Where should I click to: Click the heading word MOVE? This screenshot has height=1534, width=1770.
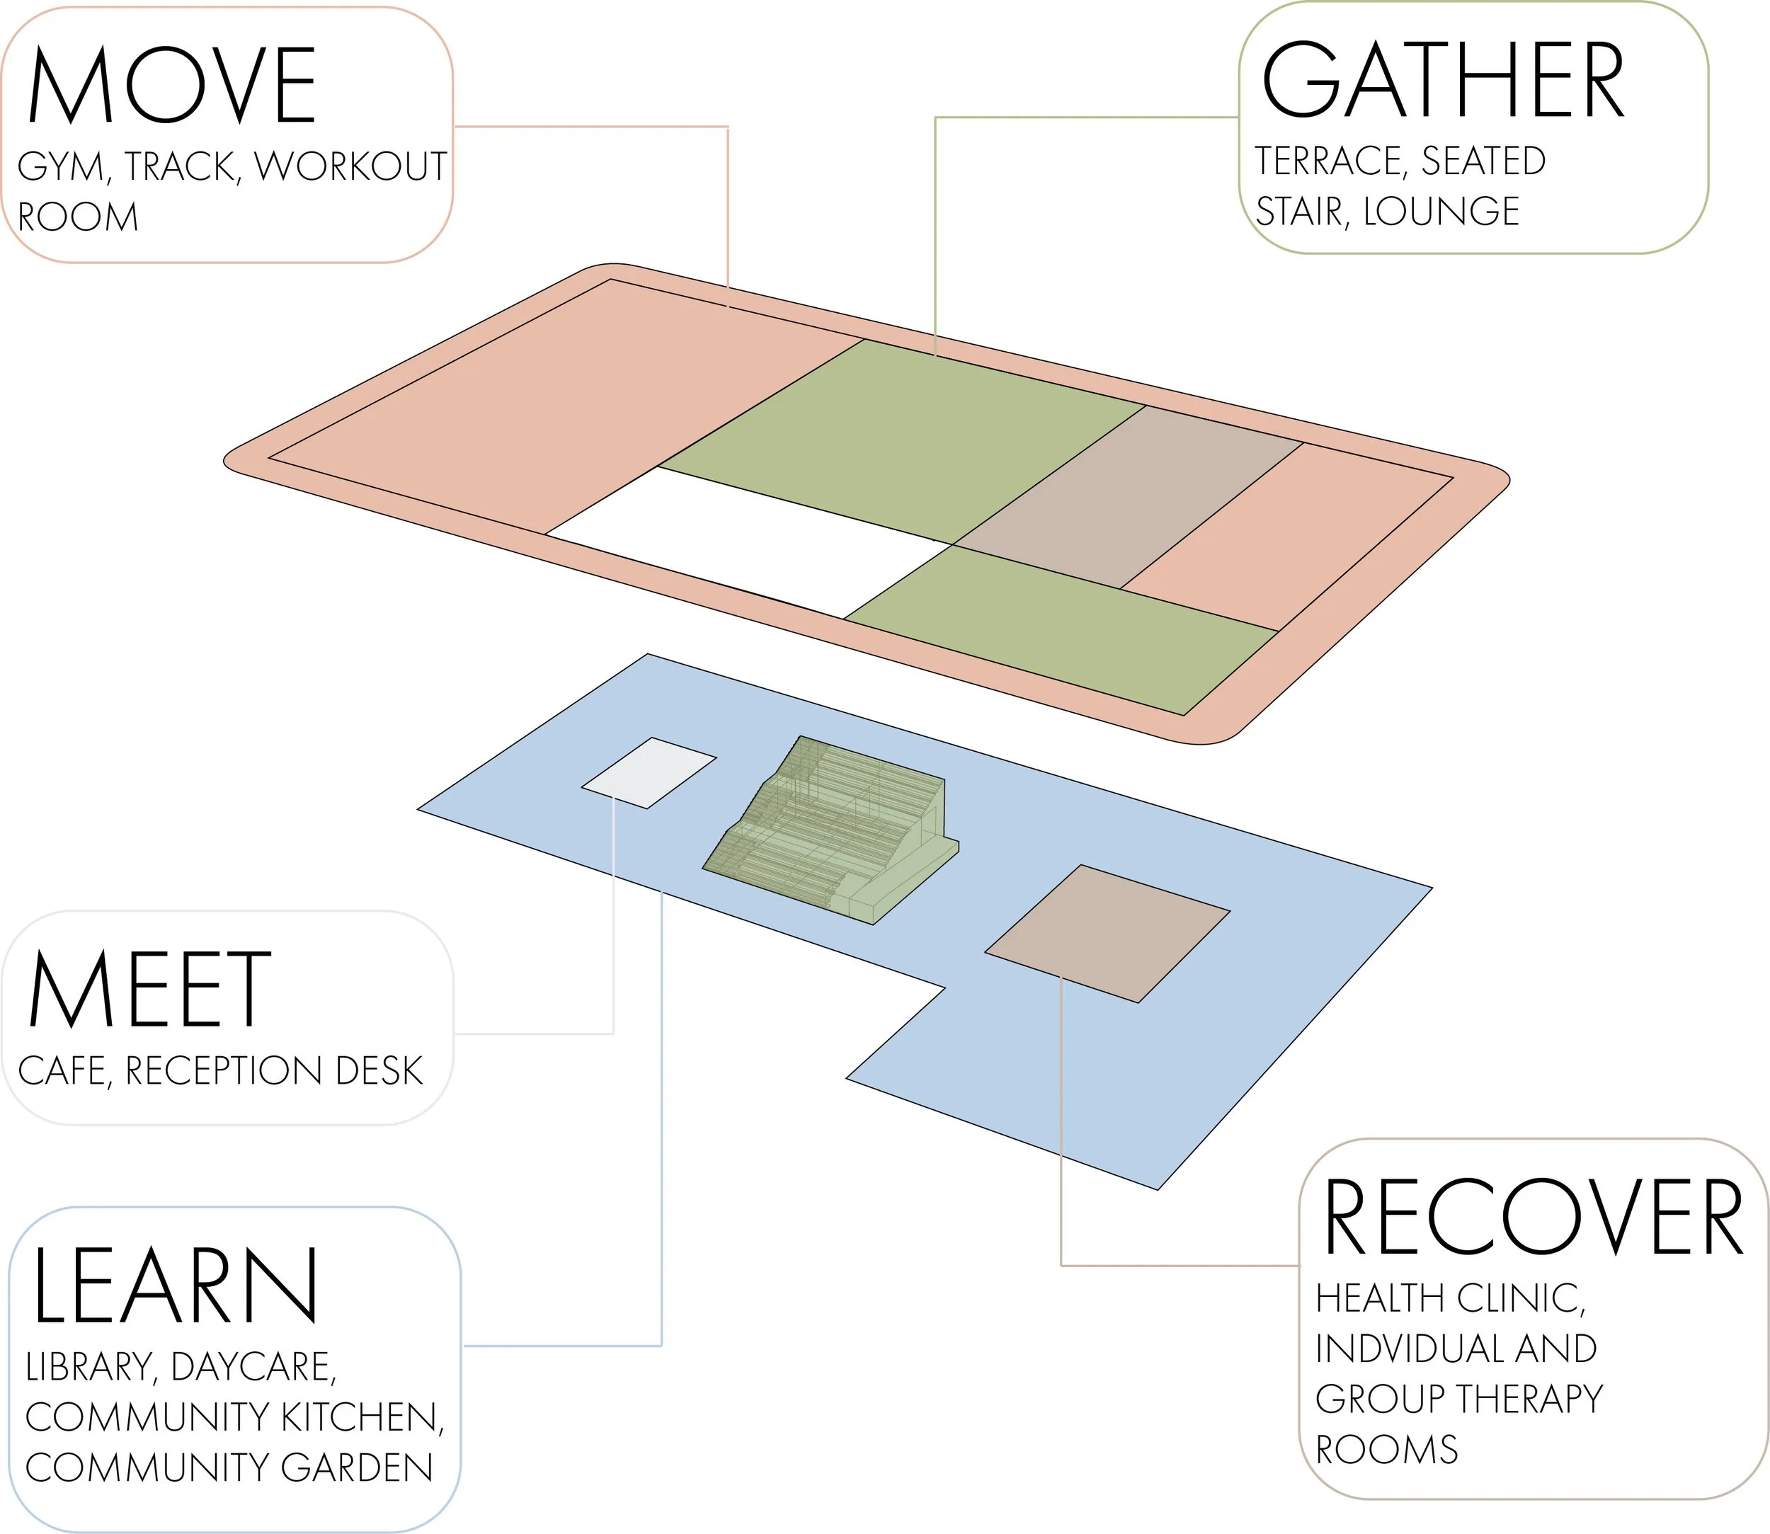click(x=172, y=86)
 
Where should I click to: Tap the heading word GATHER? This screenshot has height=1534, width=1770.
click(x=1443, y=81)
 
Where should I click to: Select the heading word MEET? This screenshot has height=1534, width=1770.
click(x=150, y=990)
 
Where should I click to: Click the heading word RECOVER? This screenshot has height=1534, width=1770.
click(x=1533, y=1218)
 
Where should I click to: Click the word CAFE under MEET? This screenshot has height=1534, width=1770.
click(x=64, y=1071)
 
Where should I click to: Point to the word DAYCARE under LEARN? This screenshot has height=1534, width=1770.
click(x=253, y=1367)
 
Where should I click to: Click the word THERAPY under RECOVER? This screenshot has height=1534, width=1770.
click(x=1529, y=1400)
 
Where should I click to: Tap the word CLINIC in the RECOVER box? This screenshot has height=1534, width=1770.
click(x=1520, y=1298)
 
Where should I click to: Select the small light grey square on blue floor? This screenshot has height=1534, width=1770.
click(x=649, y=773)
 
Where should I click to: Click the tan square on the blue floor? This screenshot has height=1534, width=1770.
click(x=1107, y=933)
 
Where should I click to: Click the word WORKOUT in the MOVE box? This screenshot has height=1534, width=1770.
click(x=351, y=166)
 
